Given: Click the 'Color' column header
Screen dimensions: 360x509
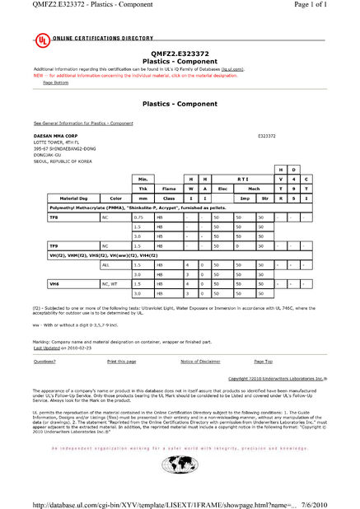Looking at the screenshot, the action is click(x=115, y=198).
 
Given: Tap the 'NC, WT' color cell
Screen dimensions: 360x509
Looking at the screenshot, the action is click(x=110, y=283).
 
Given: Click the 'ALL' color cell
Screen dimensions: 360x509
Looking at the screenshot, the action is click(x=105, y=265).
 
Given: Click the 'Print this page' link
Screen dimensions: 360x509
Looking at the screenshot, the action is click(x=121, y=362).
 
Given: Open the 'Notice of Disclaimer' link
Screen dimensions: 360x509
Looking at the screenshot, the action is click(x=200, y=362).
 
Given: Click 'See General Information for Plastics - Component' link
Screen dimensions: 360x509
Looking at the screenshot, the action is click(x=77, y=123).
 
